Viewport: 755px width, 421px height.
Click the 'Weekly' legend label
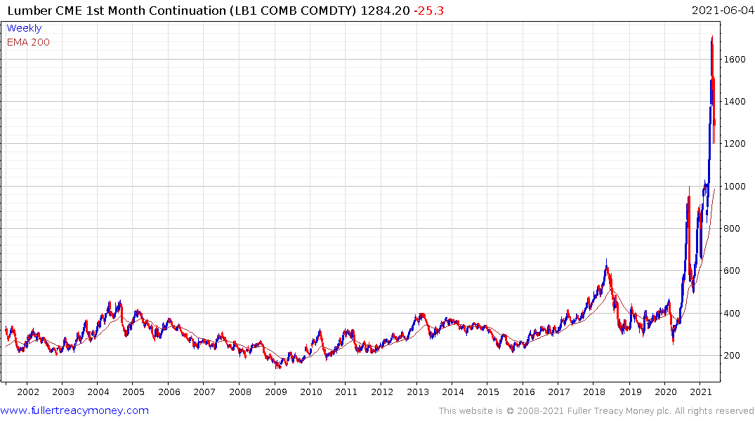(24, 28)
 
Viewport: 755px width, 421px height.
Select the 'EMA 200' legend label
(28, 42)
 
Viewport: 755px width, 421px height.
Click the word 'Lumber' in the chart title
(29, 11)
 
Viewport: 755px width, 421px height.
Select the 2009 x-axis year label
(275, 392)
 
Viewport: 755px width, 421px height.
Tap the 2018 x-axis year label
(595, 392)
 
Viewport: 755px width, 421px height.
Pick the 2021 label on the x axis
(700, 392)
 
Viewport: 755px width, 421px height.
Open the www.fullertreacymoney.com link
(75, 410)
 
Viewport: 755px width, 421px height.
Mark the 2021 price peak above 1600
(712, 36)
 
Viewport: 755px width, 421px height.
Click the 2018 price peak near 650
(606, 260)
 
